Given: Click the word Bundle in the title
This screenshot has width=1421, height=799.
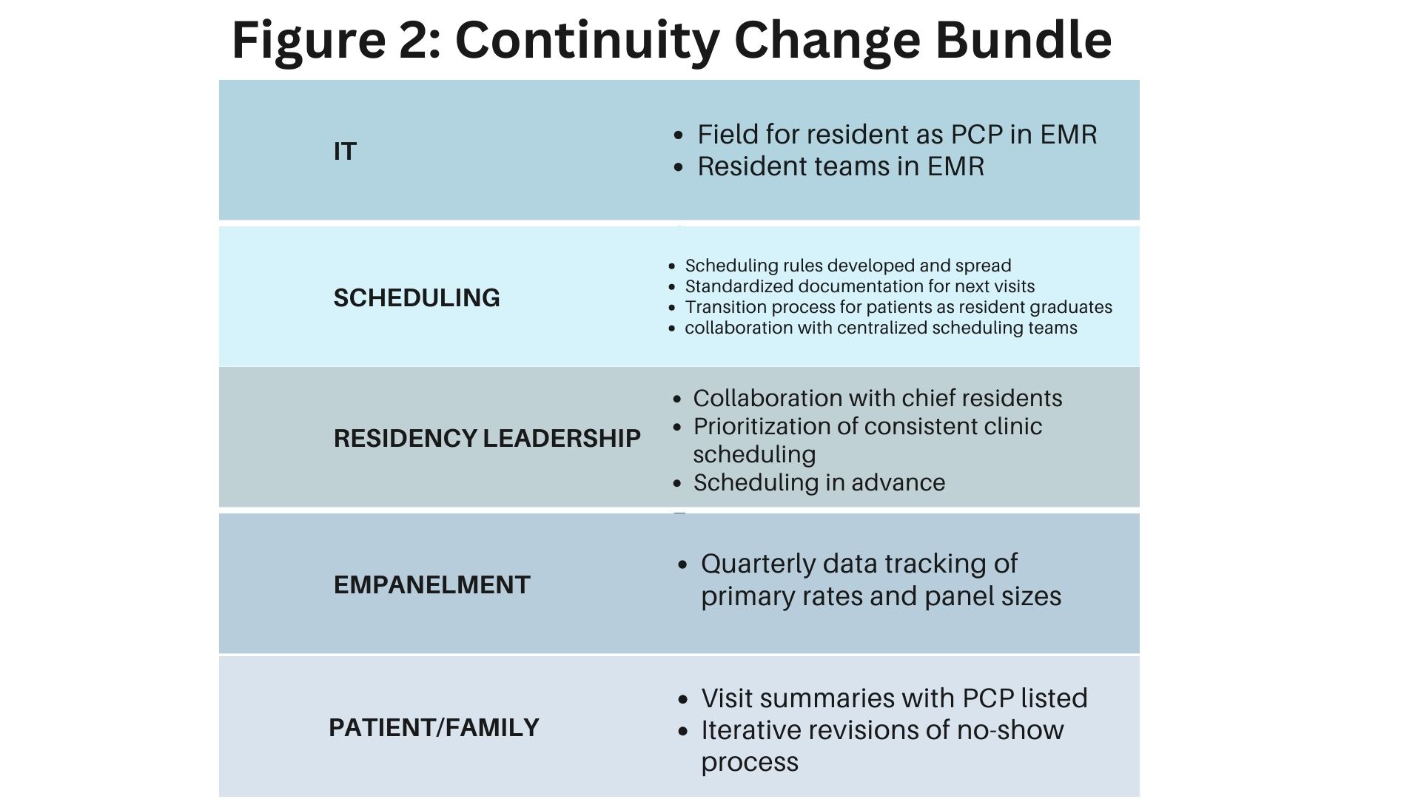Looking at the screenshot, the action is point(1024,39).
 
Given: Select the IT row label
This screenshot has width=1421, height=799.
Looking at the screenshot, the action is point(345,151).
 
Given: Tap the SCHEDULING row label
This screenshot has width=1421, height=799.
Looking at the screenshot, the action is point(417,297).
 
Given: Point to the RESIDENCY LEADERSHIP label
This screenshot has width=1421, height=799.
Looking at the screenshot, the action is point(487,438).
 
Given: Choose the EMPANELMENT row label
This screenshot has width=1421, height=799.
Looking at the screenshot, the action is point(432,584).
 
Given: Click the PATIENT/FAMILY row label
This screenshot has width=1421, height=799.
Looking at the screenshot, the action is point(434,727).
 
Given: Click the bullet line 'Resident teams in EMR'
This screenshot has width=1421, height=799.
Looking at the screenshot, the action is point(841,166).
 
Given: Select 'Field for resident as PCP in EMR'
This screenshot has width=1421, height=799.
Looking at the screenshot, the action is point(897,135).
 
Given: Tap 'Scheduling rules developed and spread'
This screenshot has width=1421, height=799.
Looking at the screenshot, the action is point(848,266).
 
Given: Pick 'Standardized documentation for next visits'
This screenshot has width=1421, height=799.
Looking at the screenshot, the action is point(860,286).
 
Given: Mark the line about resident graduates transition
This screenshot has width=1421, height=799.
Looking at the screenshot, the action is point(898,307).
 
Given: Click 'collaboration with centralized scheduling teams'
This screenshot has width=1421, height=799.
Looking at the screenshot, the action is point(881,328).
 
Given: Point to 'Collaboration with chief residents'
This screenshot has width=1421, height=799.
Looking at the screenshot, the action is point(878,398).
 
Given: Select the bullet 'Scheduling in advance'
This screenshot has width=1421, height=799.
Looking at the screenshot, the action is point(819,482).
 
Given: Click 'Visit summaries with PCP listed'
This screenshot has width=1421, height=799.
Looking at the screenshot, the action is point(895,698).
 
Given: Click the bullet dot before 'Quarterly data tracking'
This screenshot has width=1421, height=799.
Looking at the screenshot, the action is point(683,565).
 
